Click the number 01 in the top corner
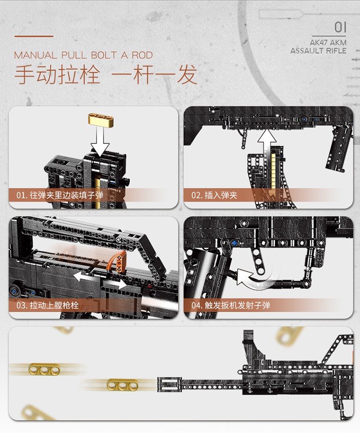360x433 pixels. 340,27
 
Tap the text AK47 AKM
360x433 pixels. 329,42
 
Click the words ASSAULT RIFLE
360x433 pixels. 318,50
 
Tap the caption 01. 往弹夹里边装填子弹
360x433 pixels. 60,195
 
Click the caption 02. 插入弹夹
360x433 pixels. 215,195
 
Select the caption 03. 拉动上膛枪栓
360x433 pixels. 48,305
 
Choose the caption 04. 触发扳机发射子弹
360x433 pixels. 231,305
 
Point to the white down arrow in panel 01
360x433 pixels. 100,142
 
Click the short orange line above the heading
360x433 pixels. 34,36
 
